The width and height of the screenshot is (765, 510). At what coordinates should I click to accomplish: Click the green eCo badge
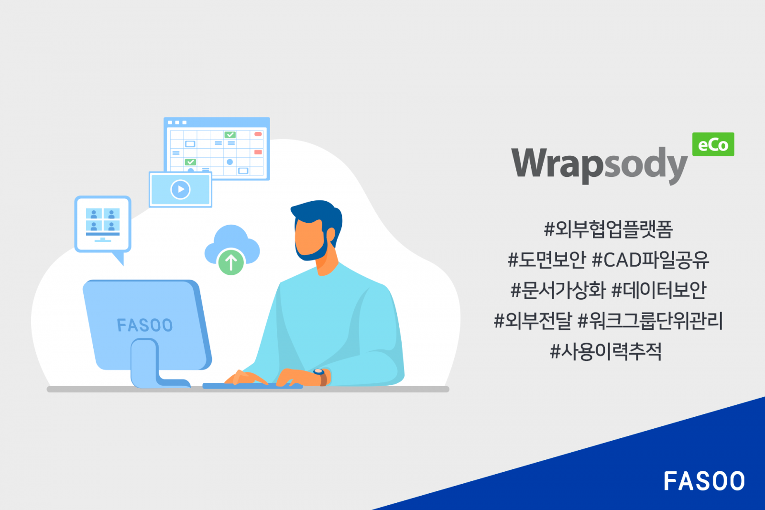click(713, 144)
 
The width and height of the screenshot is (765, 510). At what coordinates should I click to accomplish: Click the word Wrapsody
click(599, 163)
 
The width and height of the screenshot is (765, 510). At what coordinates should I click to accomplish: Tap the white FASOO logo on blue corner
click(704, 481)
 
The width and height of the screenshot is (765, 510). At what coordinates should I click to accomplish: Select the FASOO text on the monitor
click(144, 326)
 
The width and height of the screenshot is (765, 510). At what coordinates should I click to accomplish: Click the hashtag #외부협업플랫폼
click(608, 229)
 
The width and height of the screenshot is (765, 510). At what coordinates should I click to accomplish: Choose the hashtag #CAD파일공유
click(650, 260)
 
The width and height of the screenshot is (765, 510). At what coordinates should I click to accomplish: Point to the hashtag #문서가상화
click(558, 290)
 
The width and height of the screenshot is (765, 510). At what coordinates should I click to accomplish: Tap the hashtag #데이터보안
click(659, 290)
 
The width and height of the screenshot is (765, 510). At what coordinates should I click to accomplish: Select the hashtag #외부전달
click(533, 321)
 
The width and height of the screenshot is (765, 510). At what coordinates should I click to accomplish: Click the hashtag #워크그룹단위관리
click(650, 321)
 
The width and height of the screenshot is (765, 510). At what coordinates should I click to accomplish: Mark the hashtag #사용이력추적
click(606, 351)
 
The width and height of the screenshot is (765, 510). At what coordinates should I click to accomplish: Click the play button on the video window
click(180, 189)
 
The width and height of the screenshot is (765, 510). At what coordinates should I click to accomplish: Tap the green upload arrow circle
click(231, 262)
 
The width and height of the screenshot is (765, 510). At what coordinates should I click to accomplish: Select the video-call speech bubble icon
click(103, 225)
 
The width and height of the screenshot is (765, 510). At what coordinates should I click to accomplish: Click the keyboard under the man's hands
click(252, 385)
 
